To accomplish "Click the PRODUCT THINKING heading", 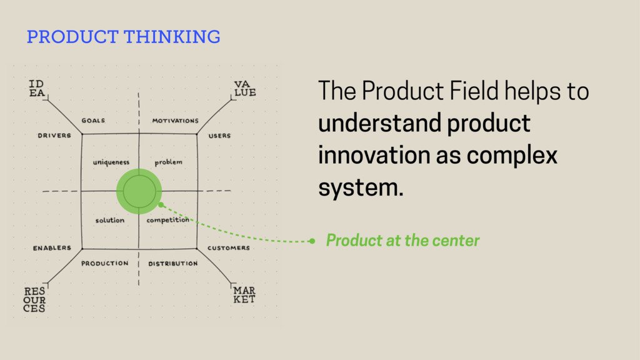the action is click(x=124, y=36).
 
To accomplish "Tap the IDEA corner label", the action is click(x=37, y=88).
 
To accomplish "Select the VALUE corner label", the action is click(x=245, y=88).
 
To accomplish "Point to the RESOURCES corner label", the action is click(x=35, y=299).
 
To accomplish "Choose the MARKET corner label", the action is click(x=244, y=295).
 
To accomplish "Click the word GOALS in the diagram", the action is click(x=93, y=121).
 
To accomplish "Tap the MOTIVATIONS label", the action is click(x=176, y=121).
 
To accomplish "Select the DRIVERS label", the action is click(x=55, y=136).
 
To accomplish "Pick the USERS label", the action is click(x=219, y=136).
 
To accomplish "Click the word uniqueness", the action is click(x=111, y=162).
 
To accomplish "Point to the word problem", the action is click(x=169, y=162).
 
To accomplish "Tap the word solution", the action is click(x=110, y=220).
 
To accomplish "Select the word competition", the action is click(x=168, y=220).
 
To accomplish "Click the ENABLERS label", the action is click(x=52, y=248).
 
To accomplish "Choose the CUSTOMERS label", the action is click(x=229, y=248).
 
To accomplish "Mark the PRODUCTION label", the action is click(x=105, y=263).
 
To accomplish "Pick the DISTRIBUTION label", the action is click(x=173, y=263).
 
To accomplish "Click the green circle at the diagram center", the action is click(x=139, y=191).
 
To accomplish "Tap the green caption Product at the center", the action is click(x=402, y=241).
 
